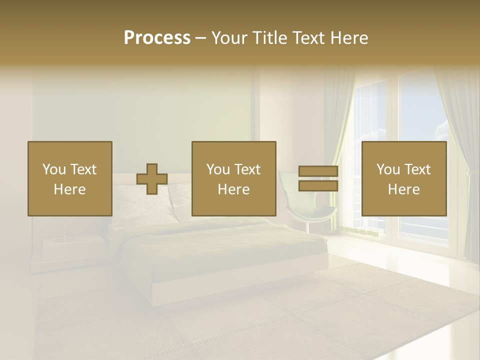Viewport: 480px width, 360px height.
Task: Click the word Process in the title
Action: (x=157, y=38)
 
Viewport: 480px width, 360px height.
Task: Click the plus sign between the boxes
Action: (x=152, y=179)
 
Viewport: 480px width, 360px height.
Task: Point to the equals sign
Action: (x=318, y=179)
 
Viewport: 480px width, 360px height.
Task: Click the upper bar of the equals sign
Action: (x=318, y=171)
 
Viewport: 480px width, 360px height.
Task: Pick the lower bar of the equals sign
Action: (x=318, y=186)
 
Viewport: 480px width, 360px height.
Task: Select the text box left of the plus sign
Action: (x=69, y=178)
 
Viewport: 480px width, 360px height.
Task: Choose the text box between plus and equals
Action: (x=233, y=178)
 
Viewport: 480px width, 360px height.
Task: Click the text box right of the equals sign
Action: (x=403, y=178)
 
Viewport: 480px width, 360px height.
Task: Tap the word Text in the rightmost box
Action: (x=416, y=169)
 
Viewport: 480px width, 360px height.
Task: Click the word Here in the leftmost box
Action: (x=69, y=189)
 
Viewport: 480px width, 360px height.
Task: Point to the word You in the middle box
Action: (x=218, y=169)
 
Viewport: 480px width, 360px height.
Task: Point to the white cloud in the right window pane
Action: (x=442, y=131)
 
